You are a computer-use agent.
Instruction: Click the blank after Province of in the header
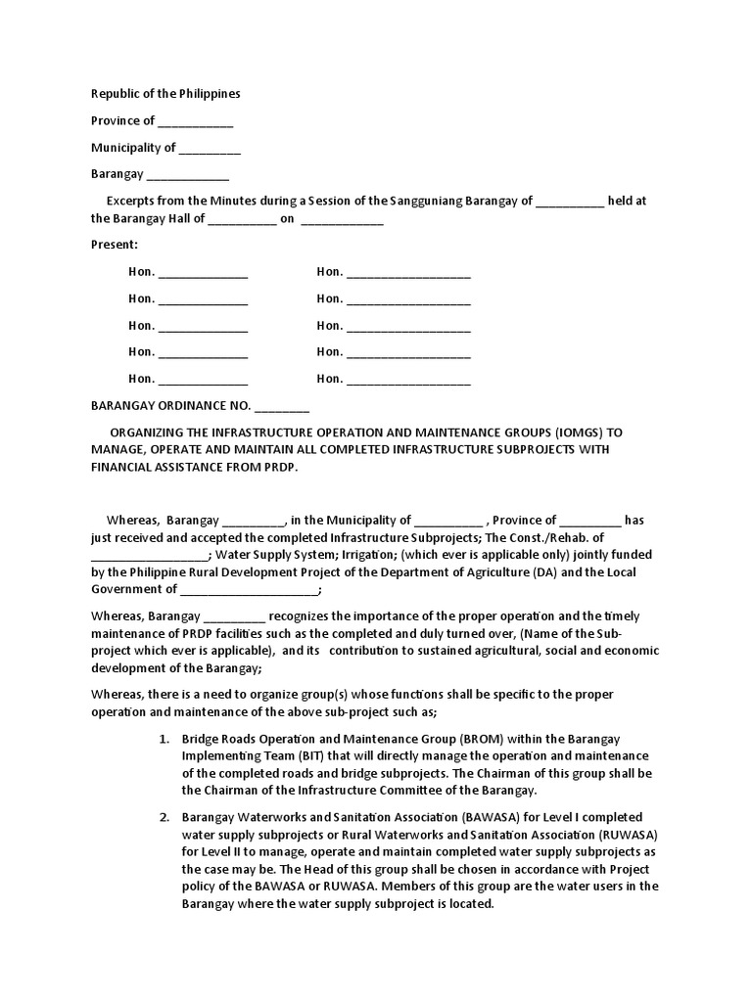196,122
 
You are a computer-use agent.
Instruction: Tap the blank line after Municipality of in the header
210,149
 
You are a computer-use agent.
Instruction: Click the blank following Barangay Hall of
243,220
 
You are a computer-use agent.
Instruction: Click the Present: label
115,245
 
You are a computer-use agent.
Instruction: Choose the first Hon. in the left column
141,272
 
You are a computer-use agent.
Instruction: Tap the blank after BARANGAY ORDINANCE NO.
282,406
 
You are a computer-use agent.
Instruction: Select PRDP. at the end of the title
276,467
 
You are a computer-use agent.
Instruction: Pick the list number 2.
164,817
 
